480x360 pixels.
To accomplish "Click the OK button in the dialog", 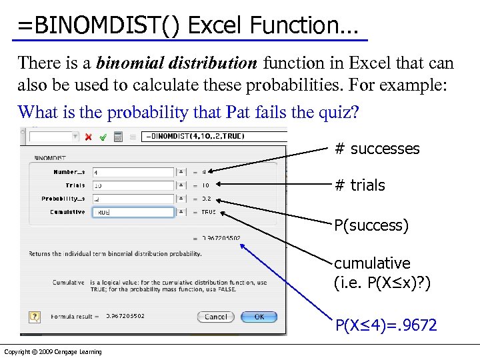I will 259,317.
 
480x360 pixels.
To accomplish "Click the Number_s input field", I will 133,172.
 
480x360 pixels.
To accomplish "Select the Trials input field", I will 133,185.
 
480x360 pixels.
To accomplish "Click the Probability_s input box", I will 133,199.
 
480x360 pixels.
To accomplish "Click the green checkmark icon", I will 103,137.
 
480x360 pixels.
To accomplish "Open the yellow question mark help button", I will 35,317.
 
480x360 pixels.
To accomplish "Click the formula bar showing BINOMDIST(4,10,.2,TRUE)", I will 200,137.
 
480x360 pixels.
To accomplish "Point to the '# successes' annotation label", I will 377,149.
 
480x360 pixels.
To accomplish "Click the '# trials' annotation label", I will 359,185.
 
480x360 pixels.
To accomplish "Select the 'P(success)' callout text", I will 371,225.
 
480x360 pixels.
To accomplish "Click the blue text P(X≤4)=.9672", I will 386,325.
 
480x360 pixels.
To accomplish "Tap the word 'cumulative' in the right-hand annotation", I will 372,263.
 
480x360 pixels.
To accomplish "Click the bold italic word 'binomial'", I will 124,63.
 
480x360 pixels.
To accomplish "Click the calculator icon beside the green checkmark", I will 117,137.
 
